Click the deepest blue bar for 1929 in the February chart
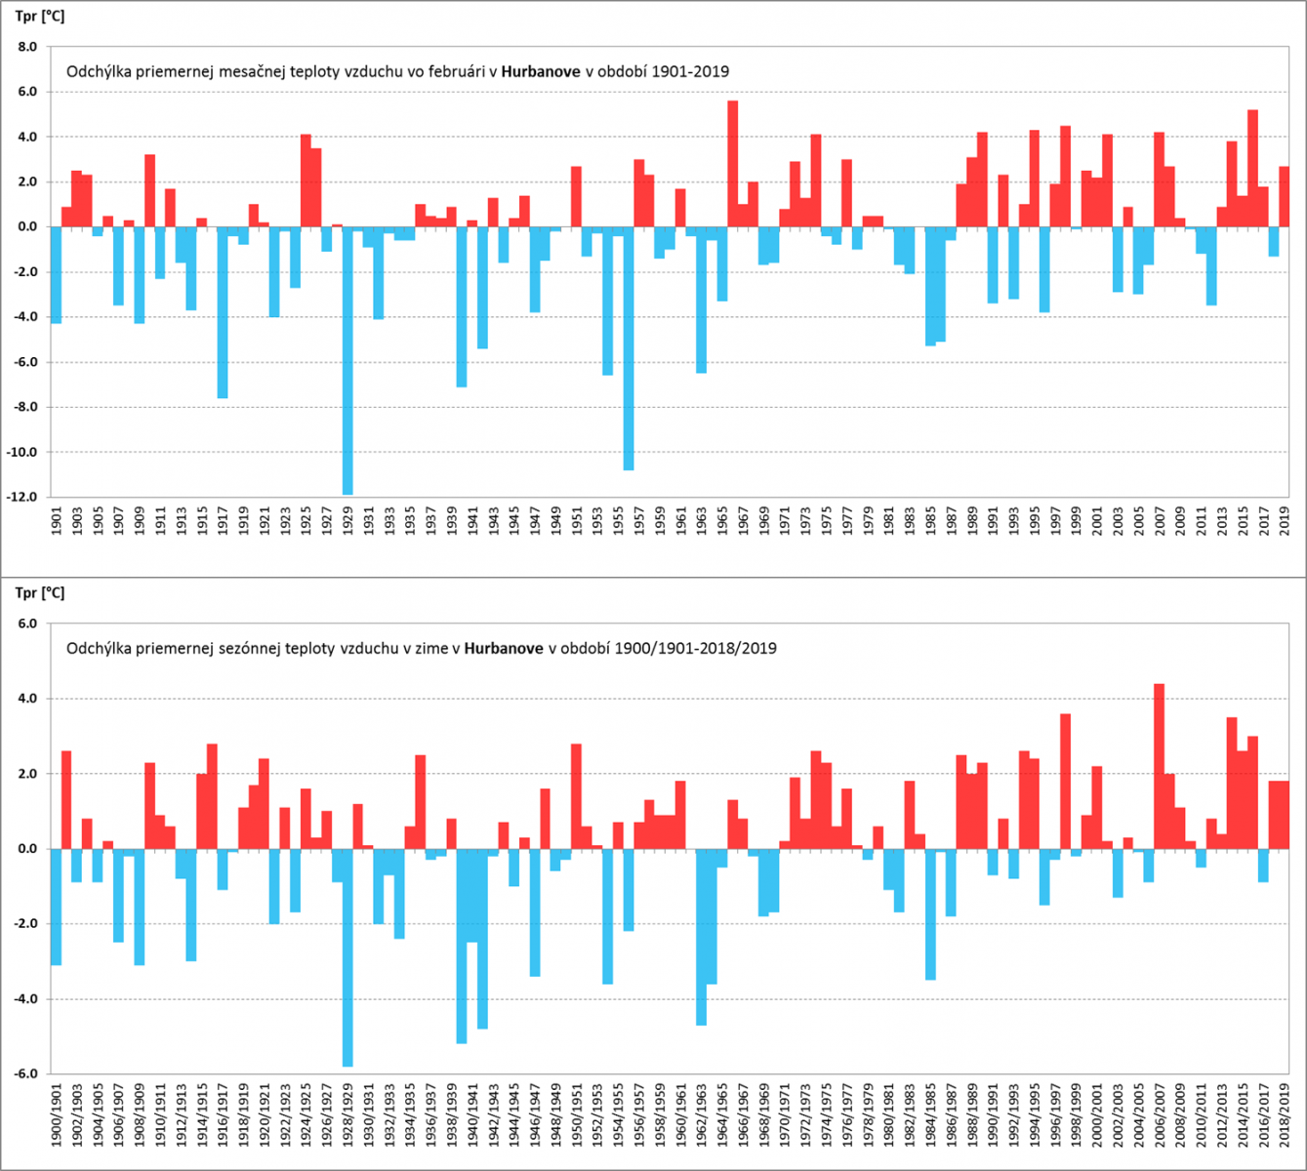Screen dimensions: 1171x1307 (347, 361)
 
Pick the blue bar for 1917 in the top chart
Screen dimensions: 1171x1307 (223, 312)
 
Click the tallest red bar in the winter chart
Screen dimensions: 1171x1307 (1159, 766)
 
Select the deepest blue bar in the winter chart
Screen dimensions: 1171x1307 (347, 957)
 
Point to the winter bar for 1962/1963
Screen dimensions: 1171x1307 (701, 937)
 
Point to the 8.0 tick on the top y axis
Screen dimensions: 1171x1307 (27, 47)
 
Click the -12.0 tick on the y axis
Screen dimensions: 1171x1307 (23, 497)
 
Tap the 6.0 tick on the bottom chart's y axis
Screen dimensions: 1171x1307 (27, 624)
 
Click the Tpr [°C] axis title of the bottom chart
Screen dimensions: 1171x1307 (40, 593)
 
